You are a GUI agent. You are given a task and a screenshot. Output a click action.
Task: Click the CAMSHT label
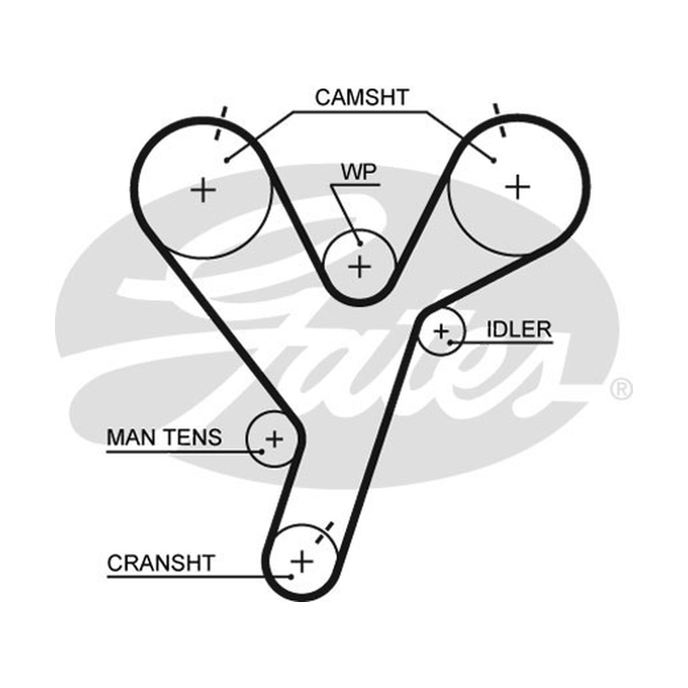point(361,97)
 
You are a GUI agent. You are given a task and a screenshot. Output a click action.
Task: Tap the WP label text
point(359,173)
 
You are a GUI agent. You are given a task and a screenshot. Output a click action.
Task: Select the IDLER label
point(519,329)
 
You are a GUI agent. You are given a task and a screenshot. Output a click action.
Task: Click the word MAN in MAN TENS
point(133,438)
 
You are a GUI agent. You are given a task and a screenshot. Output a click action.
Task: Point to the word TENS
point(193,438)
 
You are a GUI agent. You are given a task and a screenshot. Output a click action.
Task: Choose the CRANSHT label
point(161,563)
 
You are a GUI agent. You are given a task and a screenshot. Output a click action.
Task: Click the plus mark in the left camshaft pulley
point(203,190)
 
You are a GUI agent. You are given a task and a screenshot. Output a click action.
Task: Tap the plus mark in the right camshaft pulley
point(519,187)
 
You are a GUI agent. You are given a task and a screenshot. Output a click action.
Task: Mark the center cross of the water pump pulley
point(359,267)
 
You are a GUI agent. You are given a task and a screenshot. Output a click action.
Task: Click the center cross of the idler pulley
point(441,331)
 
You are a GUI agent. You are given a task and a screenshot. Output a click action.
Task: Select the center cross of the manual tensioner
point(274,439)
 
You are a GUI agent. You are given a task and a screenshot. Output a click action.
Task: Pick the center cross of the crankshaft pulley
point(303,562)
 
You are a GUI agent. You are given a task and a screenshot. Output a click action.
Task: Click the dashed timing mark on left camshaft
point(220,123)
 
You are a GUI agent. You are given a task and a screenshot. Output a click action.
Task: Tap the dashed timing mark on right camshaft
point(500,120)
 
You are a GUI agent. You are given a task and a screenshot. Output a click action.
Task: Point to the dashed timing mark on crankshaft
point(325,532)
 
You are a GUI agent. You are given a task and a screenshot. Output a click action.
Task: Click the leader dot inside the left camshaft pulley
point(227,160)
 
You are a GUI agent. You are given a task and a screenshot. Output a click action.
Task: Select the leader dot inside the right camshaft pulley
point(494,160)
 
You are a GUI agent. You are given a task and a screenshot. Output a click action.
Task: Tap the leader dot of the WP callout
point(359,244)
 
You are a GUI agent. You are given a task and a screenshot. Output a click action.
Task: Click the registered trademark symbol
point(621,390)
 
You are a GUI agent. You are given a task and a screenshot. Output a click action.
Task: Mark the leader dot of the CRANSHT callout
point(291,576)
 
